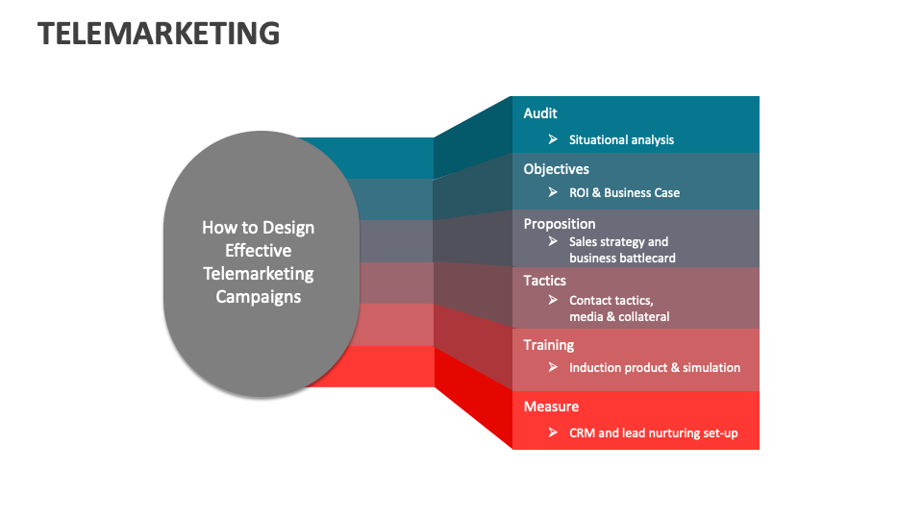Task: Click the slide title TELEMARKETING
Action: coord(159,34)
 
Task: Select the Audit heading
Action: coord(540,113)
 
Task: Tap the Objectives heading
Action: coord(556,169)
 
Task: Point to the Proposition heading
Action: coord(560,224)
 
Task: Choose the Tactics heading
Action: coord(544,281)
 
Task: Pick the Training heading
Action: coord(548,345)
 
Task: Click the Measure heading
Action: coord(551,407)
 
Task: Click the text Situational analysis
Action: coord(621,140)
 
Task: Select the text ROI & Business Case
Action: coord(624,193)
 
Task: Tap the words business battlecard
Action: coord(622,258)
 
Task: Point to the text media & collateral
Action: coord(619,316)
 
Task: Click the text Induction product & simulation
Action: coord(655,368)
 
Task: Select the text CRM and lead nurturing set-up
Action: coord(654,433)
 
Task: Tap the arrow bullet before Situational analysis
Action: coord(553,140)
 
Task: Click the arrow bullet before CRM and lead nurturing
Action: coord(553,433)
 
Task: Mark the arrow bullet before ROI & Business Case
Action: coord(553,193)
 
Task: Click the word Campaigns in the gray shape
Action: coord(258,297)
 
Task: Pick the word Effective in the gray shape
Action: coord(258,251)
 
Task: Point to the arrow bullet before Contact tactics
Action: coord(553,301)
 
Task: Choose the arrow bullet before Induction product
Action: coord(553,368)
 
